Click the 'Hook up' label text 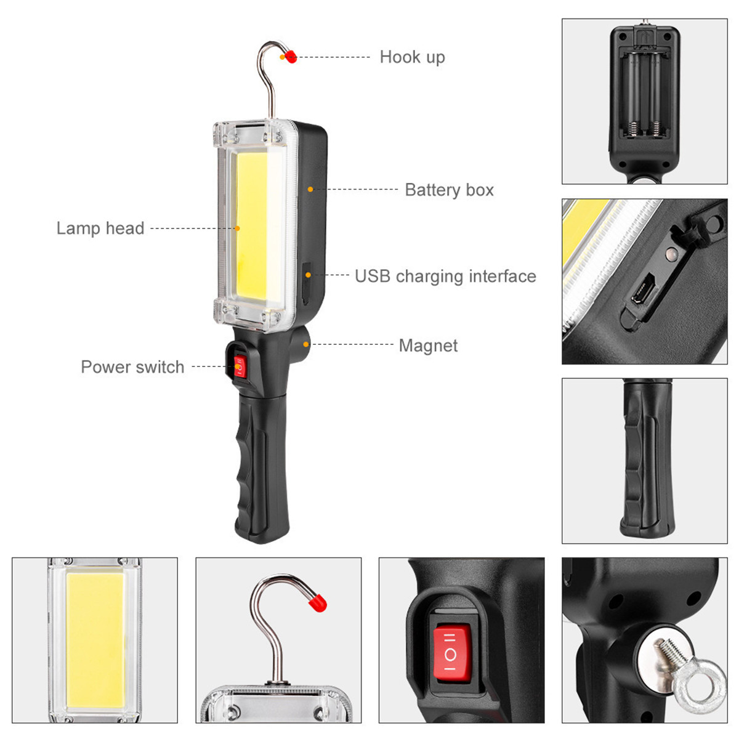[412, 57]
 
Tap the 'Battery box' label [449, 190]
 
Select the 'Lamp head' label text [100, 228]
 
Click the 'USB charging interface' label [445, 276]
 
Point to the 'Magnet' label [428, 345]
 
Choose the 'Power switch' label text [132, 367]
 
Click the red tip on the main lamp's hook [291, 57]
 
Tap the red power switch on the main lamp [239, 367]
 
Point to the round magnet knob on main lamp [303, 343]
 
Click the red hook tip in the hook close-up [318, 603]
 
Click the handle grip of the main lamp [262, 468]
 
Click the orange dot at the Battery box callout [310, 189]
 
